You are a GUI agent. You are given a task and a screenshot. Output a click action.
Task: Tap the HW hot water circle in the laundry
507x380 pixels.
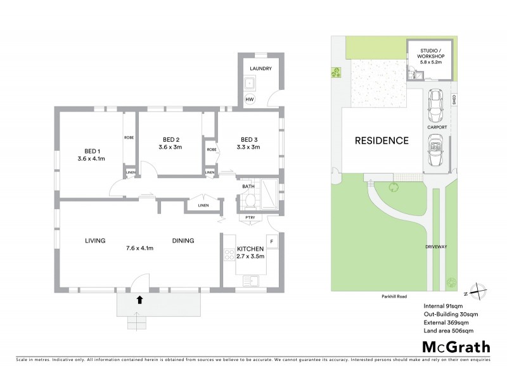click(250, 100)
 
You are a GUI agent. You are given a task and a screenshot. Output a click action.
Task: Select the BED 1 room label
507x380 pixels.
click(92, 151)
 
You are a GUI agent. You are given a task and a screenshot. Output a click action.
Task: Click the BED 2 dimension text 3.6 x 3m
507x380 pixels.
click(170, 147)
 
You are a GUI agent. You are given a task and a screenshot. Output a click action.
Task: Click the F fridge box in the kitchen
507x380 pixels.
click(271, 241)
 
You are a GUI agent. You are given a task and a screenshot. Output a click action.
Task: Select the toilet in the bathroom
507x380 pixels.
click(249, 201)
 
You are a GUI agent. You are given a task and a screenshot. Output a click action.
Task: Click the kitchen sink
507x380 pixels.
click(253, 280)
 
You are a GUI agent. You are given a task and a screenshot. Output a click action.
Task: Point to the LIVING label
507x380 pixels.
click(95, 241)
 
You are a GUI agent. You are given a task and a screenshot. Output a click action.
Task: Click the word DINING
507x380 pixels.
click(184, 241)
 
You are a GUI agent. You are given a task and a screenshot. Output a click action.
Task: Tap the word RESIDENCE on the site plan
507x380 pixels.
click(381, 141)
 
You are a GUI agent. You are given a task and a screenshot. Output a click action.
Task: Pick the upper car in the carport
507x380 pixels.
click(437, 106)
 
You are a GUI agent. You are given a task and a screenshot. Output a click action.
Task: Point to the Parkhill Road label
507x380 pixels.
click(394, 296)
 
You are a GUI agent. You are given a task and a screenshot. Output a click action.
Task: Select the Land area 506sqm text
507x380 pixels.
click(449, 331)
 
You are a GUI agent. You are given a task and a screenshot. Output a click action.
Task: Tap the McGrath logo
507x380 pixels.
click(456, 346)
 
